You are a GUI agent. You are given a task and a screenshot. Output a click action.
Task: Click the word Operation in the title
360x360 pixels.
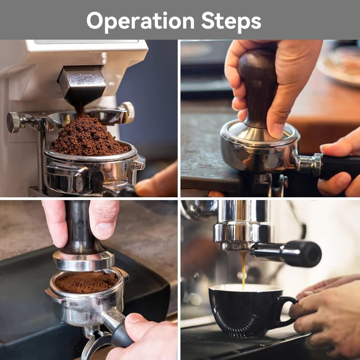(x=141, y=21)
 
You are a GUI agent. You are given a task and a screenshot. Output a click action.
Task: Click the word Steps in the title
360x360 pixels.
(x=231, y=21)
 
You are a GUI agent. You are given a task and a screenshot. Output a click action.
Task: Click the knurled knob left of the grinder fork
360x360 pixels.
(x=14, y=122)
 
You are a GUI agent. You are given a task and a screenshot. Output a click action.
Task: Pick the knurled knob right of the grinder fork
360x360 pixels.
(x=128, y=112)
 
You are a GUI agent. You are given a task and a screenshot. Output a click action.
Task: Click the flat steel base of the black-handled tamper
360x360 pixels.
(x=84, y=261)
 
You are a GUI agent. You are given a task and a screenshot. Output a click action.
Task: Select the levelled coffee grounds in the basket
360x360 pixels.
(x=86, y=282)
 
